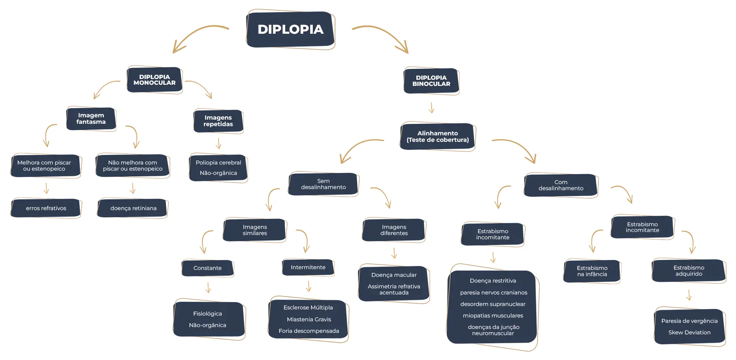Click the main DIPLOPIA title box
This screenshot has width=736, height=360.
pyautogui.click(x=291, y=30)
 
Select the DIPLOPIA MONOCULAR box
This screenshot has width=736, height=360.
pyautogui.click(x=154, y=80)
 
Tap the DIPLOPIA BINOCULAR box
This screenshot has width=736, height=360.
pyautogui.click(x=431, y=81)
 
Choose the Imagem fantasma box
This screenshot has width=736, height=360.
pyautogui.click(x=91, y=119)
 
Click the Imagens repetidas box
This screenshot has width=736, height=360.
pyautogui.click(x=218, y=121)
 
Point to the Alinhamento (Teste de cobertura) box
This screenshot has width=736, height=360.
pyautogui.click(x=437, y=136)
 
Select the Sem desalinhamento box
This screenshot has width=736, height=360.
pyautogui.click(x=323, y=184)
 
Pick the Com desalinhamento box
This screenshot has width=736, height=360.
pyautogui.click(x=561, y=186)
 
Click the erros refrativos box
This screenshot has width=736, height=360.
pyautogui.click(x=46, y=208)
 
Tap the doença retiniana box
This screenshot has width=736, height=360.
pyautogui.click(x=133, y=208)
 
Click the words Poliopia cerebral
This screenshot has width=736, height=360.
pyautogui.click(x=219, y=163)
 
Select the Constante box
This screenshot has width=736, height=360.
pyautogui.click(x=207, y=268)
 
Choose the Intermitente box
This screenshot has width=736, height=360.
pyautogui.click(x=308, y=267)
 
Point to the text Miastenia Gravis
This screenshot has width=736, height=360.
pyautogui.click(x=309, y=319)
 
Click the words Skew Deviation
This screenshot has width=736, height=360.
pyautogui.click(x=689, y=332)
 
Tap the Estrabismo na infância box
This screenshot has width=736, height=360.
pyautogui.click(x=592, y=271)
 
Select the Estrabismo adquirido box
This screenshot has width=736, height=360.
pyautogui.click(x=689, y=271)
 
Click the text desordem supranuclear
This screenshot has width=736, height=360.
pyautogui.click(x=493, y=304)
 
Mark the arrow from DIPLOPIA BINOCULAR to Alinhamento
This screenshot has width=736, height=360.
pyautogui.click(x=431, y=108)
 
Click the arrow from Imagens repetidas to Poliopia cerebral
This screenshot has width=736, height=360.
pyautogui.click(x=219, y=143)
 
